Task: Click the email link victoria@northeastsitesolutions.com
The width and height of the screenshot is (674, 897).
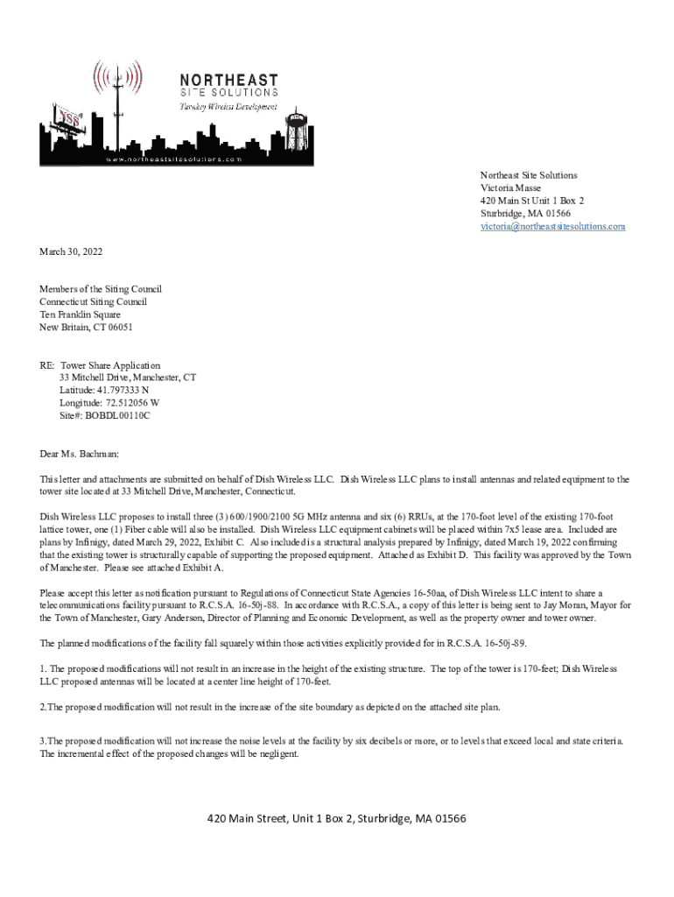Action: click(x=552, y=227)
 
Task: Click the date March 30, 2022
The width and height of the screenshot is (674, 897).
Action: click(x=71, y=252)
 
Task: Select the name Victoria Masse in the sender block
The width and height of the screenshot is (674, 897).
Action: click(x=510, y=188)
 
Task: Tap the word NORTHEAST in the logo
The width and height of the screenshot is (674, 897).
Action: click(x=230, y=79)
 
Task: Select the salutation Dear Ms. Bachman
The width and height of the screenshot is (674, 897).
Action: click(x=79, y=454)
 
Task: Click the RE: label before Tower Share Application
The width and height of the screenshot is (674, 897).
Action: click(x=46, y=365)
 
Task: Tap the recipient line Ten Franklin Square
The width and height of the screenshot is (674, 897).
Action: click(x=80, y=314)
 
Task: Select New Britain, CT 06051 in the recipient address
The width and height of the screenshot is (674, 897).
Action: click(x=86, y=328)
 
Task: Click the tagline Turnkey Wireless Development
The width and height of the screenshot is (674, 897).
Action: click(x=228, y=106)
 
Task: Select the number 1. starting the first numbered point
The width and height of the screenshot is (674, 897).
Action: click(x=42, y=668)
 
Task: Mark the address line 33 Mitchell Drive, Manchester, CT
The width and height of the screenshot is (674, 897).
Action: click(x=128, y=378)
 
